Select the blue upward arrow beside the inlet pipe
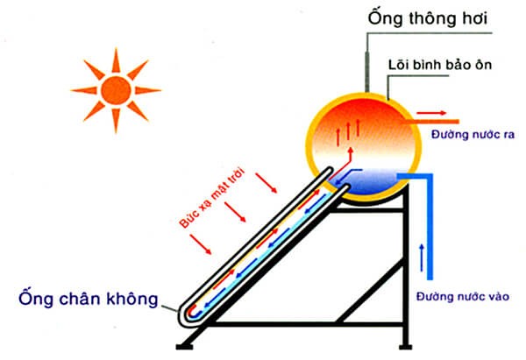tap(423, 255)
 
